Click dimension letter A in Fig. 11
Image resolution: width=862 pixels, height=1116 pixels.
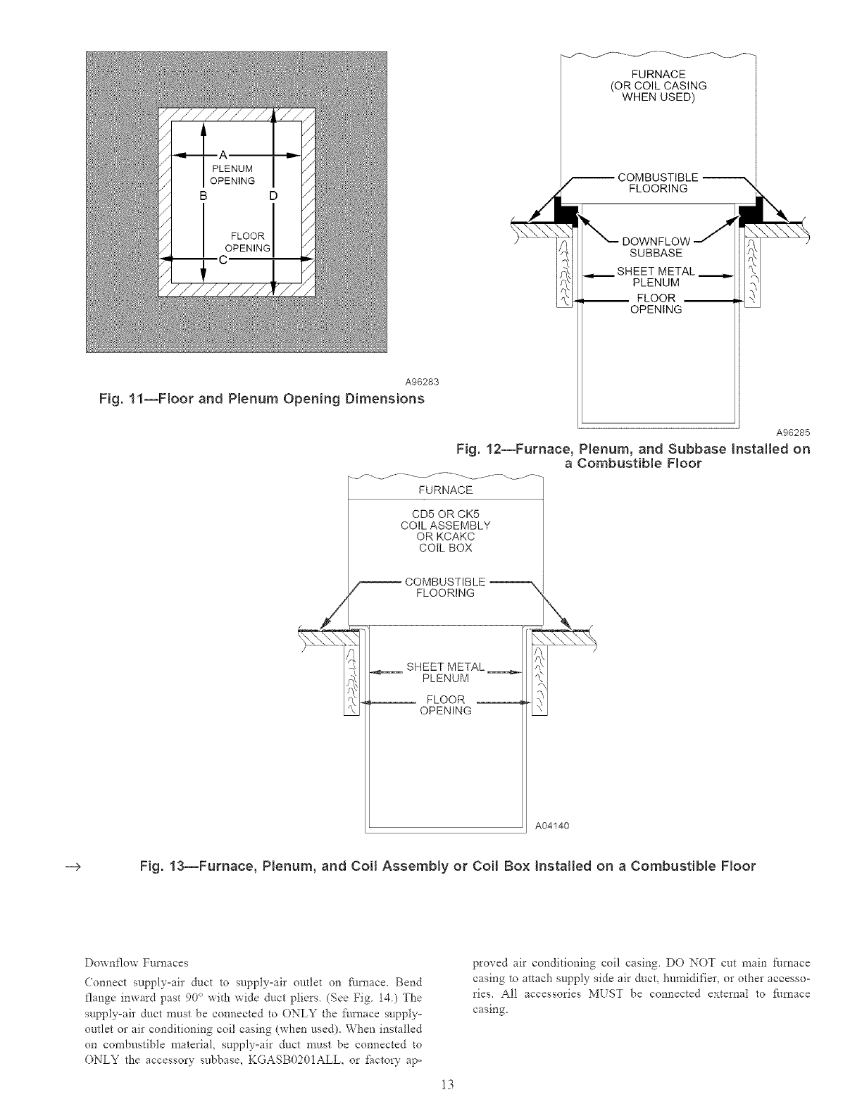(x=223, y=154)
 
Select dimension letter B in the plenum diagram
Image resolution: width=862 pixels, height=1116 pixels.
(x=203, y=194)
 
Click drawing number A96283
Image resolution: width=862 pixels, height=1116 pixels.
(x=422, y=382)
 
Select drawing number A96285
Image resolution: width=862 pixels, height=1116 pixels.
(x=792, y=433)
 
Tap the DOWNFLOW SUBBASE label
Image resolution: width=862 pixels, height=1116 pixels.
(x=656, y=247)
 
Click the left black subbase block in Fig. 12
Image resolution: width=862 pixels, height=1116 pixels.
(x=565, y=209)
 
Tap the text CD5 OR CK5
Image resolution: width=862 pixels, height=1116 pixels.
(x=445, y=514)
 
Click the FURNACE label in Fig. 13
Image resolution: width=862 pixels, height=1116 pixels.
(x=446, y=490)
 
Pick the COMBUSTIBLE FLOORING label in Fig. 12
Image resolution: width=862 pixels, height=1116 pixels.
(x=657, y=182)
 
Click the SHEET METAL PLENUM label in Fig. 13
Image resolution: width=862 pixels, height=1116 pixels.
(x=445, y=673)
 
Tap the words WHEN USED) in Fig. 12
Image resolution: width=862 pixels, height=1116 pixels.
(x=658, y=97)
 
